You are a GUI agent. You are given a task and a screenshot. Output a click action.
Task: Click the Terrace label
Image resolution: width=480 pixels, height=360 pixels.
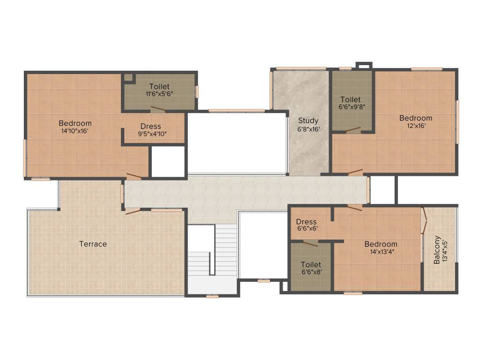pyautogui.click(x=93, y=244)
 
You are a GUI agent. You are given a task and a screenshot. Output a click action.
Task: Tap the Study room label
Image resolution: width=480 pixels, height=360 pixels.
pyautogui.click(x=308, y=120)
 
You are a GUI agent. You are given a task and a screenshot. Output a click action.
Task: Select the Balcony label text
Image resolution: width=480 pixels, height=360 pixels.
pyautogui.click(x=437, y=249)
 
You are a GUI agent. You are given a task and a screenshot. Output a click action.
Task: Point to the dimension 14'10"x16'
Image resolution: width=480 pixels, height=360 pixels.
pyautogui.click(x=75, y=131)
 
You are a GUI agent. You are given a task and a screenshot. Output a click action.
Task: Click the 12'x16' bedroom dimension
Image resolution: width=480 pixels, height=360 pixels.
pyautogui.click(x=416, y=126)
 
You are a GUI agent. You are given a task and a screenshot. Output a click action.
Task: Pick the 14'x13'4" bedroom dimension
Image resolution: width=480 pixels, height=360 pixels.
pyautogui.click(x=381, y=252)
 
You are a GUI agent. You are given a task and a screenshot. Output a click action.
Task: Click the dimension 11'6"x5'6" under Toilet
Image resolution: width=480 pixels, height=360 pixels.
pyautogui.click(x=159, y=94)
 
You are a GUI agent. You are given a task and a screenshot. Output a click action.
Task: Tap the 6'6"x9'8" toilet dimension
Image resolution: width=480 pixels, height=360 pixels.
pyautogui.click(x=351, y=107)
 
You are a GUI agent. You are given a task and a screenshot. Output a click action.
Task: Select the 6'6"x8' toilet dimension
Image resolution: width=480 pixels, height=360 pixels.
pyautogui.click(x=311, y=272)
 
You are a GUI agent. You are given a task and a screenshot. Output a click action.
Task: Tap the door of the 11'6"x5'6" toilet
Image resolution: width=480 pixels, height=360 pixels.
pyautogui.click(x=157, y=110)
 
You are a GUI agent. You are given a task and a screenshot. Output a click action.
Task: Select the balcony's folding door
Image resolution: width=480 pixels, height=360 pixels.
pyautogui.click(x=424, y=220)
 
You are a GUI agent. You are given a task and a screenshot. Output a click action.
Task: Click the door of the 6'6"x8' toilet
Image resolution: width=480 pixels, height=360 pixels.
pyautogui.click(x=310, y=243)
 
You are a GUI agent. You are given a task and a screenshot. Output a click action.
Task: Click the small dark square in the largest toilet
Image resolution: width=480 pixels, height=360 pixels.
pyautogui.click(x=128, y=78)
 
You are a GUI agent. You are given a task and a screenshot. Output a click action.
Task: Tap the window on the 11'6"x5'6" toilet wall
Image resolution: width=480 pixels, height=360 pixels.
pyautogui.click(x=197, y=91)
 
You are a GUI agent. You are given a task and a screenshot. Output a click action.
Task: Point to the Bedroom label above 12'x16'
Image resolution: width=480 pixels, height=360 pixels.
pyautogui.click(x=416, y=118)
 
